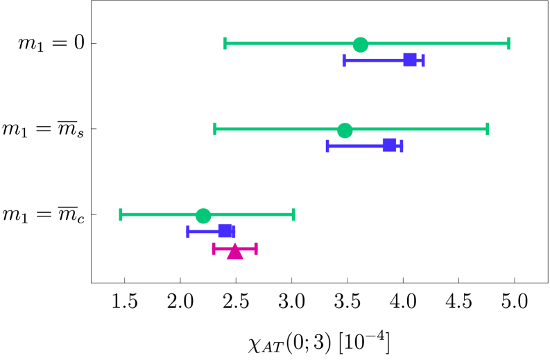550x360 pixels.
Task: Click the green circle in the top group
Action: [360, 44]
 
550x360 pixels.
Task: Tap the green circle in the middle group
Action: [345, 130]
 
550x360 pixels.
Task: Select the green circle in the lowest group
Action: [203, 216]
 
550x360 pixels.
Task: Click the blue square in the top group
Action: [410, 60]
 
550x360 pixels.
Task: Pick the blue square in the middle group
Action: [389, 145]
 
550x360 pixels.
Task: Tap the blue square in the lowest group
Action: [226, 231]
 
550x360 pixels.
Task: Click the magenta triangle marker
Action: [234, 251]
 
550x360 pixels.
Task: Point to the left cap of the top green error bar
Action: [225, 44]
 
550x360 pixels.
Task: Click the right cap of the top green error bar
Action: [508, 44]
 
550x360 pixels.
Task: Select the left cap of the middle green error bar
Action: [215, 129]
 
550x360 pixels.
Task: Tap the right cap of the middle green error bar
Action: [487, 129]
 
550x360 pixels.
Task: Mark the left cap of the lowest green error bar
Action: [121, 214]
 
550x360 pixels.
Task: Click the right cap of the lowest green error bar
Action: [293, 214]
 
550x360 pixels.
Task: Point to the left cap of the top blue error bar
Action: [344, 60]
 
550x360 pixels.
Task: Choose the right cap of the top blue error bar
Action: [423, 60]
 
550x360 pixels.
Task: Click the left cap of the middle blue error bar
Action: [327, 146]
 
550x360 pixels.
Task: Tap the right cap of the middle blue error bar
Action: [402, 146]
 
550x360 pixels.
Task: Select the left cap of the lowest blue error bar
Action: [188, 231]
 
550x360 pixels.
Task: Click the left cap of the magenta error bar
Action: [214, 248]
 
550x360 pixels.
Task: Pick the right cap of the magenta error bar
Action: [256, 248]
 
